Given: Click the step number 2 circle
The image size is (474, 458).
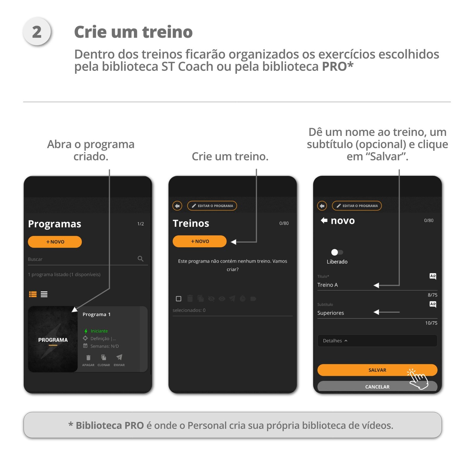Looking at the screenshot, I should (x=37, y=32).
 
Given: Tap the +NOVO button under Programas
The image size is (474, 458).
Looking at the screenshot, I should (x=55, y=242).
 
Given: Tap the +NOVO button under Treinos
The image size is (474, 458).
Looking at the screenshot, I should (x=199, y=241).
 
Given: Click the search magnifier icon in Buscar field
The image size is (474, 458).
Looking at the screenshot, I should (x=140, y=259).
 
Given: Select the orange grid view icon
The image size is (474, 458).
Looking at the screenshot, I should (x=33, y=294).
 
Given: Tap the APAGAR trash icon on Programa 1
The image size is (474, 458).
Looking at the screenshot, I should (x=88, y=358).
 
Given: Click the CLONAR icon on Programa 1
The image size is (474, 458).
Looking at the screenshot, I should (x=103, y=358).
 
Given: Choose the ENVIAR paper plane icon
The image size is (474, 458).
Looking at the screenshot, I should (x=119, y=358).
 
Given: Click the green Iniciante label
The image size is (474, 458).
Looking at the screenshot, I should (x=99, y=331).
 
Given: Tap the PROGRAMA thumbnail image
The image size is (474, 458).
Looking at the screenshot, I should (x=53, y=339).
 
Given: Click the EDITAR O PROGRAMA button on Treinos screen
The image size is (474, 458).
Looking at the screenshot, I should (x=212, y=206).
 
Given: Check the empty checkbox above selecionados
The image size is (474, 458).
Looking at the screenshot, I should (x=178, y=299).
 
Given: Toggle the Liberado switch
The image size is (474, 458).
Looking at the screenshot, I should (x=337, y=252).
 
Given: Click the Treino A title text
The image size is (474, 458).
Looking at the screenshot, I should (x=327, y=285).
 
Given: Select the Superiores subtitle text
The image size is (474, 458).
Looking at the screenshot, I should (x=330, y=313).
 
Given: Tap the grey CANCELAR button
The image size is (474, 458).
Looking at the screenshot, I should (x=377, y=387).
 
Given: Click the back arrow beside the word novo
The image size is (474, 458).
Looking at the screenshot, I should (x=324, y=220).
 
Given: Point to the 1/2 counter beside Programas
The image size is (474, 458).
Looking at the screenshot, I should (x=140, y=224).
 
